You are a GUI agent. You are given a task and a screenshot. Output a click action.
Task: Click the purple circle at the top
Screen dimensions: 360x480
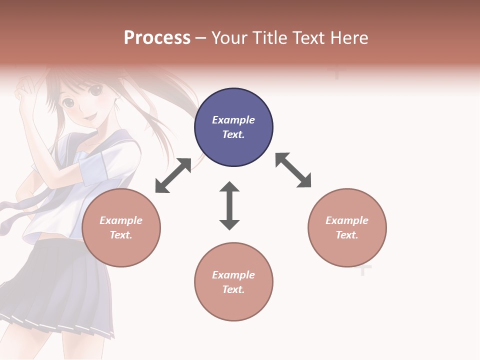coord(233,127)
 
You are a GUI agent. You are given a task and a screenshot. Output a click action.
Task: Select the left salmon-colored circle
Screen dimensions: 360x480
coord(121,228)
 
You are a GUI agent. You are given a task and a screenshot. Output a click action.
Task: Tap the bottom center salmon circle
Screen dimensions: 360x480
coord(233,282)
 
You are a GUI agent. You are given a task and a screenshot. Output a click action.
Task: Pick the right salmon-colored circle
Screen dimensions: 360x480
coord(347,228)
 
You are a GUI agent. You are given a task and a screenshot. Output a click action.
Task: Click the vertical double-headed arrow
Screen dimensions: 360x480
coord(229,206)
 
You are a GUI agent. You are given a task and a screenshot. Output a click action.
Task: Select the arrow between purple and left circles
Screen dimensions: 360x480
coord(173,175)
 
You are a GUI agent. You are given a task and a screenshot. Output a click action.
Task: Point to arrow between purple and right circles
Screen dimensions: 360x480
coord(293,170)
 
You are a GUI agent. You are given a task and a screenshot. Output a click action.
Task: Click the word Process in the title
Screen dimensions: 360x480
coord(157,38)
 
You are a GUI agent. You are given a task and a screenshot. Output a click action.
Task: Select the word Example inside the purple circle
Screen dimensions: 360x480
coord(233,120)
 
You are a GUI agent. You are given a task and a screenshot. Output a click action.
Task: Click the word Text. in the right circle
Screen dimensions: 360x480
coord(347,235)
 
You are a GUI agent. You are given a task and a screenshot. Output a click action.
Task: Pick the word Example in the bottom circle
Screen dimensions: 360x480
coord(233,275)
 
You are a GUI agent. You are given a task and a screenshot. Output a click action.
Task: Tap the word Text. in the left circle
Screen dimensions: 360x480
coord(121,235)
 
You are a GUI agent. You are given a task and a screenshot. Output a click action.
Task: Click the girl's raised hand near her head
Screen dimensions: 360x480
coord(22,90)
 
